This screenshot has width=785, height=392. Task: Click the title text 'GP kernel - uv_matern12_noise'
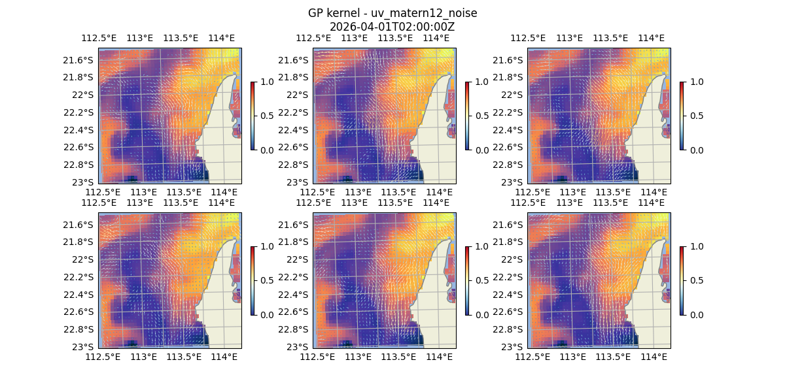(392, 13)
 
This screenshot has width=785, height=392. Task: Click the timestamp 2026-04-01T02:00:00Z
(392, 27)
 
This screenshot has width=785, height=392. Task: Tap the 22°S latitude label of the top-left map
(83, 95)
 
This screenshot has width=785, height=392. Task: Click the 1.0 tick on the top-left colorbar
(267, 82)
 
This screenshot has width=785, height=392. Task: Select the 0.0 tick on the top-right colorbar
(696, 150)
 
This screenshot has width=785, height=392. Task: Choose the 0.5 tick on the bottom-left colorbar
(267, 280)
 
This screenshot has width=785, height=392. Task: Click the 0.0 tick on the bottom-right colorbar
(696, 314)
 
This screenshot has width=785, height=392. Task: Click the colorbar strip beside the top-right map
(682, 116)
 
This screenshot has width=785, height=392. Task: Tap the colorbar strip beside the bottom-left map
(253, 280)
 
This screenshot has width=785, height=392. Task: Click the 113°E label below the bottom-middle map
(358, 357)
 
